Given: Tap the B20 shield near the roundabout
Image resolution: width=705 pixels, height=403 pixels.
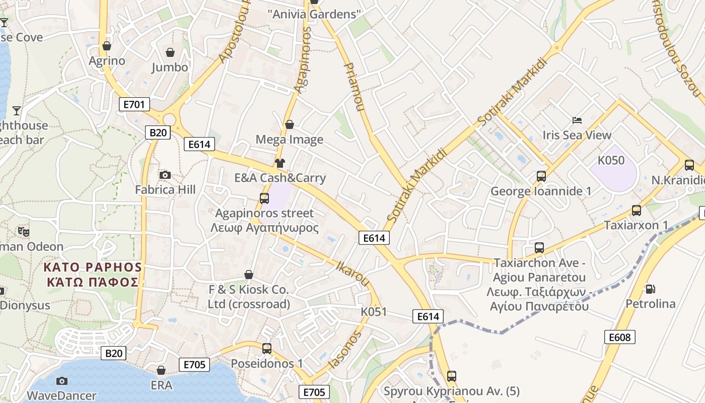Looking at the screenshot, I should (158, 132).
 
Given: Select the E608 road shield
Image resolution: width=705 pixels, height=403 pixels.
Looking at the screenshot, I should (619, 337).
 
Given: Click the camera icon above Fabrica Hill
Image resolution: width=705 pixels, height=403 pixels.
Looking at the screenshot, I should (165, 175).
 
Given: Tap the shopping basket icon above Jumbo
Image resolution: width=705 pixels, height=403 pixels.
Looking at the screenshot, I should (170, 52).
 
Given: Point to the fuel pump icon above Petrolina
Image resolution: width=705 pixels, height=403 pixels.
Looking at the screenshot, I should (650, 289).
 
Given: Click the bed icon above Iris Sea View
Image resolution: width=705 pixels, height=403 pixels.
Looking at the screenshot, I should (577, 120).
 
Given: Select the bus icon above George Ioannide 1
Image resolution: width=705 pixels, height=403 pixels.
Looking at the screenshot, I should (541, 176).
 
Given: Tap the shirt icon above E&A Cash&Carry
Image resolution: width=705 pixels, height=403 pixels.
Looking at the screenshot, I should (280, 163).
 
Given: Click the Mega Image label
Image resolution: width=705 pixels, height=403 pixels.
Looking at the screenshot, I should (290, 140).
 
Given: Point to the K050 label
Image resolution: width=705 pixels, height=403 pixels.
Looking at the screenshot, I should (611, 161).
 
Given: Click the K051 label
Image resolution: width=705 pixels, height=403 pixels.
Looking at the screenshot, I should (374, 312).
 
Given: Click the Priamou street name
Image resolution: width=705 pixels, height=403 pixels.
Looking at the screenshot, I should (354, 86).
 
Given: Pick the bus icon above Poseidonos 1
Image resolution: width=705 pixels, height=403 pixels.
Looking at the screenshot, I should (267, 348).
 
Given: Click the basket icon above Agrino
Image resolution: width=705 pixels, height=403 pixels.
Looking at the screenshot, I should (107, 46).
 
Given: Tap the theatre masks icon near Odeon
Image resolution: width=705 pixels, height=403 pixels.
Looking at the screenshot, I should (23, 232).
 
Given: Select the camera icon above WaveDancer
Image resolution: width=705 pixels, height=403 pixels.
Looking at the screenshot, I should (62, 381).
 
